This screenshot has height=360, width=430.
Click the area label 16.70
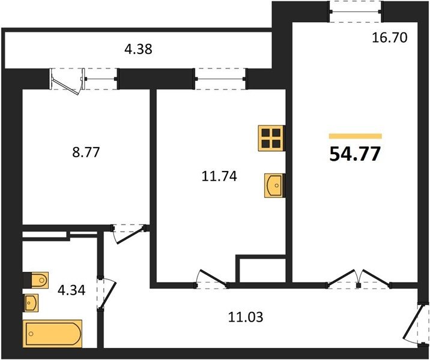tap(389, 38)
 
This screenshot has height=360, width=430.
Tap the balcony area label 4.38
tap(138, 50)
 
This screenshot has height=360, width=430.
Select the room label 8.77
tap(86, 152)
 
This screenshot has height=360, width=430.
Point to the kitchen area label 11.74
tap(219, 176)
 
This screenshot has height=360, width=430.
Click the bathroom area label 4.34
tap(71, 290)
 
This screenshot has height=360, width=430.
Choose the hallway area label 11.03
tap(246, 317)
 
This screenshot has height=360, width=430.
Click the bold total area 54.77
tap(355, 154)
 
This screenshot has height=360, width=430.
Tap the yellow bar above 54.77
tap(356, 136)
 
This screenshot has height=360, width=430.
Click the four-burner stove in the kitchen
tap(271, 138)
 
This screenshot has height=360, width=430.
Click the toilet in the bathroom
tap(36, 280)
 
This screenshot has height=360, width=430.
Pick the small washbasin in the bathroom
tap(31, 303)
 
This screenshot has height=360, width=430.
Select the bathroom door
tap(107, 293)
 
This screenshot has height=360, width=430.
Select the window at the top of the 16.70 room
tap(356, 11)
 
